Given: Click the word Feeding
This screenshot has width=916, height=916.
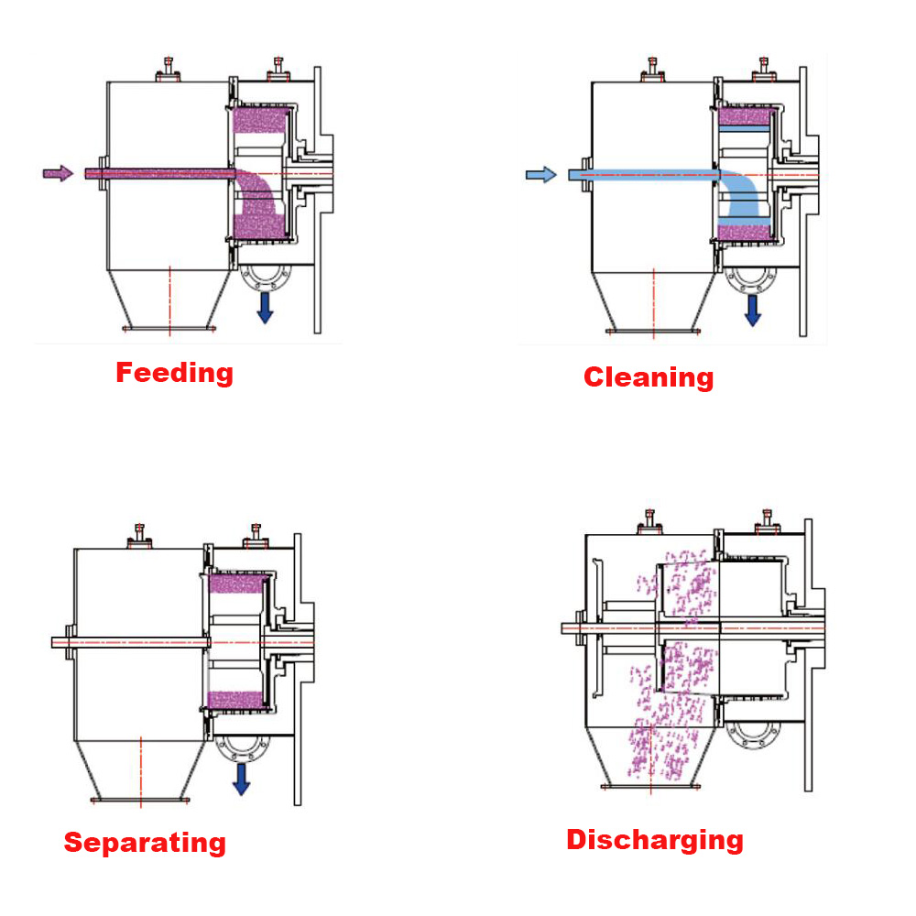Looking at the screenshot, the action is (175, 373).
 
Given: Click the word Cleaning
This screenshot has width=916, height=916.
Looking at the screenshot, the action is (649, 376).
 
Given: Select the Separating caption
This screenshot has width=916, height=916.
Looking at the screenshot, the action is (145, 843).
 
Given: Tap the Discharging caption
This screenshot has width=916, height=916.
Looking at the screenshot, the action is (655, 840).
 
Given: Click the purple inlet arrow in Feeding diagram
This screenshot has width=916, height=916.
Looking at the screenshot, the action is (58, 173).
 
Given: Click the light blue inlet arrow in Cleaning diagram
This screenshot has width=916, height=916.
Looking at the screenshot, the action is (541, 175).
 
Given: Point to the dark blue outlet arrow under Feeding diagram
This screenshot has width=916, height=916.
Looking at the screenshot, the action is (266, 308).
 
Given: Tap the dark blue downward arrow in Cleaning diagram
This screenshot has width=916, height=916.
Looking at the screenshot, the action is (753, 311).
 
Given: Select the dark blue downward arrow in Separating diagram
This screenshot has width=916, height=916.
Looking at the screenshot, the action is (241, 780).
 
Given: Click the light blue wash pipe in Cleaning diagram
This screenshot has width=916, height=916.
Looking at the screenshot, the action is (644, 175).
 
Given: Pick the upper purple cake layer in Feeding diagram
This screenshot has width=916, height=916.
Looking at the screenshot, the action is (260, 120).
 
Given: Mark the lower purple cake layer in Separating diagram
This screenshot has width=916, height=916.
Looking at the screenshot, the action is (235, 700).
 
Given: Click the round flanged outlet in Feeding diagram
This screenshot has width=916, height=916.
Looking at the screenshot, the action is (266, 277).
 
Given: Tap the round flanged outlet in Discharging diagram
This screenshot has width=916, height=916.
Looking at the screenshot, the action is (753, 736).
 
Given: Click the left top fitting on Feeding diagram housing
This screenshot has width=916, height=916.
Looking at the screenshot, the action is (168, 71).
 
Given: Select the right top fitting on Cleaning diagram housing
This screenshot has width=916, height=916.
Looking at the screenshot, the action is (764, 71).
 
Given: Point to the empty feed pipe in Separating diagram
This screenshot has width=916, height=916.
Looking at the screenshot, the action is (131, 643).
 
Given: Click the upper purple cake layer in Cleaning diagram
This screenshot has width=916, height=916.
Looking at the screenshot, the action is (744, 117).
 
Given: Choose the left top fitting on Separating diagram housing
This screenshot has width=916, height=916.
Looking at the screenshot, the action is (139, 536).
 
